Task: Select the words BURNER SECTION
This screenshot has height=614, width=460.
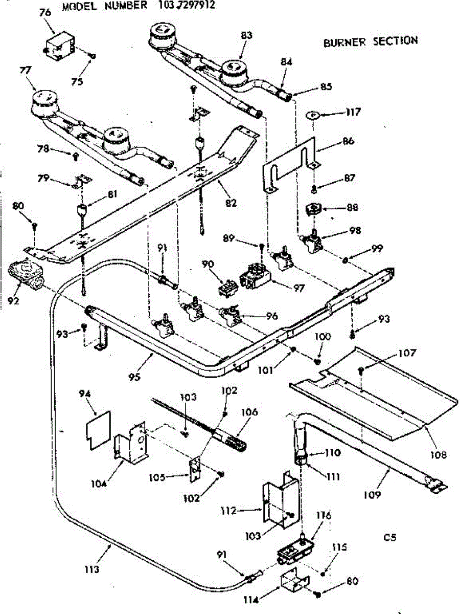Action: coord(370,41)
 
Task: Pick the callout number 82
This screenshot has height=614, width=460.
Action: coord(231,203)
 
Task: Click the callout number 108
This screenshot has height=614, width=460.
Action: coord(438,454)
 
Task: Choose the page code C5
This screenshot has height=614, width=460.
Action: coord(389,537)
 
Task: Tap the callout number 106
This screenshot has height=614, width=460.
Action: coord(250,412)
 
